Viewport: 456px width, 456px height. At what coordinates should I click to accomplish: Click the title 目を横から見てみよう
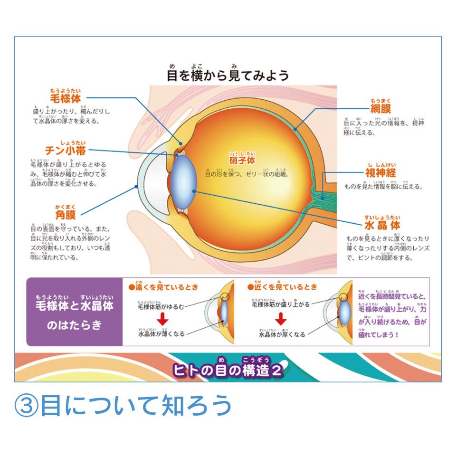coord(228,75)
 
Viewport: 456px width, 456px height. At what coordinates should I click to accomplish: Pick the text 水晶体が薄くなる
coord(161,334)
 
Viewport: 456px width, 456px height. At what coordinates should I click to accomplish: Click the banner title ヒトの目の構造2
coord(228,369)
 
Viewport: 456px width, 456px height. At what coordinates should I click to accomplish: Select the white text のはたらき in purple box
coord(75,326)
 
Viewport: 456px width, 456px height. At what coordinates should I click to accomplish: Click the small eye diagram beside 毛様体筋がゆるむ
coord(221,313)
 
